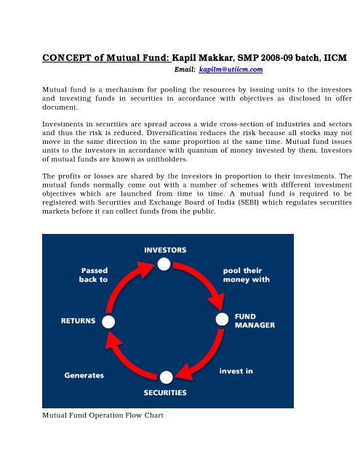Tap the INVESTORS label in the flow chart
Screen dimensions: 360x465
(165, 249)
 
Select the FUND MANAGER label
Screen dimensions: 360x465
(254, 321)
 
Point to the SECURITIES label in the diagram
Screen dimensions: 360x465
(165, 392)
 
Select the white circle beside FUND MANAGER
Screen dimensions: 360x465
(221, 320)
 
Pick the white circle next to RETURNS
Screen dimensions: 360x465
(109, 320)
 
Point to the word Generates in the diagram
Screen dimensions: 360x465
(82, 376)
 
